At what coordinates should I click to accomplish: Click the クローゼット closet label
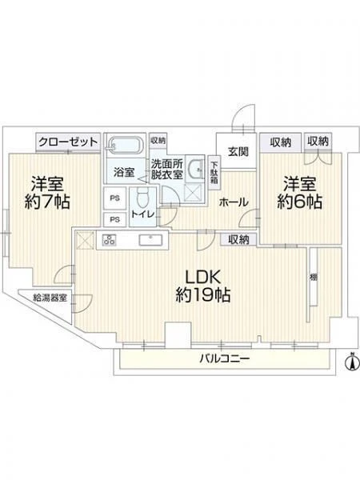[x=68, y=142]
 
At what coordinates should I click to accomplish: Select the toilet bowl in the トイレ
[x=142, y=198]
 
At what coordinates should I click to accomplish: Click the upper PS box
[x=114, y=198]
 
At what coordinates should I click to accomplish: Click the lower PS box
[x=114, y=219]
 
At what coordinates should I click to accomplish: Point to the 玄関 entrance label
[x=238, y=151]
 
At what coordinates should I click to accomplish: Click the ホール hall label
[x=234, y=202]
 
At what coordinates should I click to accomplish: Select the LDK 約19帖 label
[x=203, y=286]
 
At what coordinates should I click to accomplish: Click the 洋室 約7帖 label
[x=47, y=192]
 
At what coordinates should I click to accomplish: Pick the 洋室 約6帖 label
[x=300, y=192]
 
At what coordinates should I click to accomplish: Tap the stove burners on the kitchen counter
[x=110, y=239]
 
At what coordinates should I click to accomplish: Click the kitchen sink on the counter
[x=150, y=240]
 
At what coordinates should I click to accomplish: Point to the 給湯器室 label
[x=50, y=298]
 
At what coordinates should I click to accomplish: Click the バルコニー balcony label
[x=225, y=358]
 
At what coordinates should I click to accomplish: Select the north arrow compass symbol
[x=352, y=362]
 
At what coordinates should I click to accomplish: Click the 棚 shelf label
[x=313, y=278]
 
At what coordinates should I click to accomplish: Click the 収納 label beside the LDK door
[x=238, y=240]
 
